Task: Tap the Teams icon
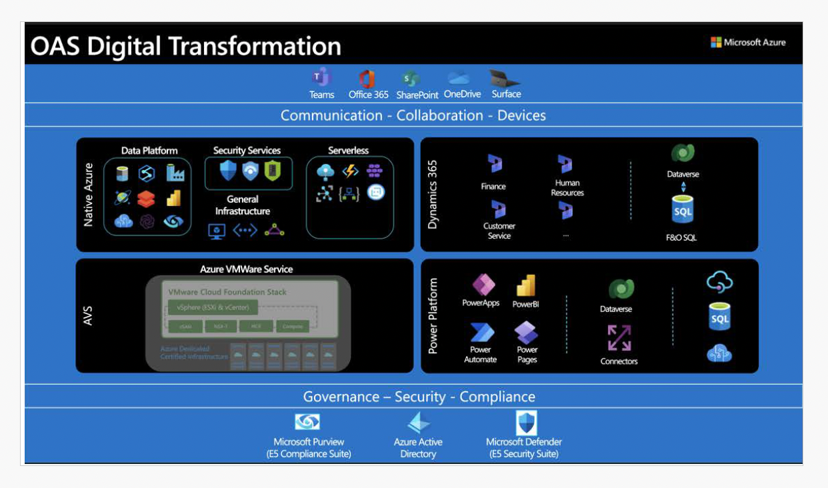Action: click(x=321, y=78)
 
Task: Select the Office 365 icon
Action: click(x=367, y=78)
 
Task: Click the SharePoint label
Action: click(x=417, y=95)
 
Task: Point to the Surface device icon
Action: click(x=504, y=77)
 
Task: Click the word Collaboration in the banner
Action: click(x=440, y=115)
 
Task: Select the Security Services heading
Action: click(x=247, y=151)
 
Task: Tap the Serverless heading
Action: click(x=348, y=151)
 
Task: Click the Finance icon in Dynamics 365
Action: click(x=494, y=164)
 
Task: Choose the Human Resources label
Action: click(x=567, y=188)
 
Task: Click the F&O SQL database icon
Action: click(x=683, y=211)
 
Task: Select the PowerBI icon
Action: click(x=526, y=286)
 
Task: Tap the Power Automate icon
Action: click(x=481, y=333)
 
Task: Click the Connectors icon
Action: click(x=619, y=338)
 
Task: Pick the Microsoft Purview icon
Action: click(x=307, y=422)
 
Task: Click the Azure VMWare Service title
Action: click(x=247, y=269)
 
